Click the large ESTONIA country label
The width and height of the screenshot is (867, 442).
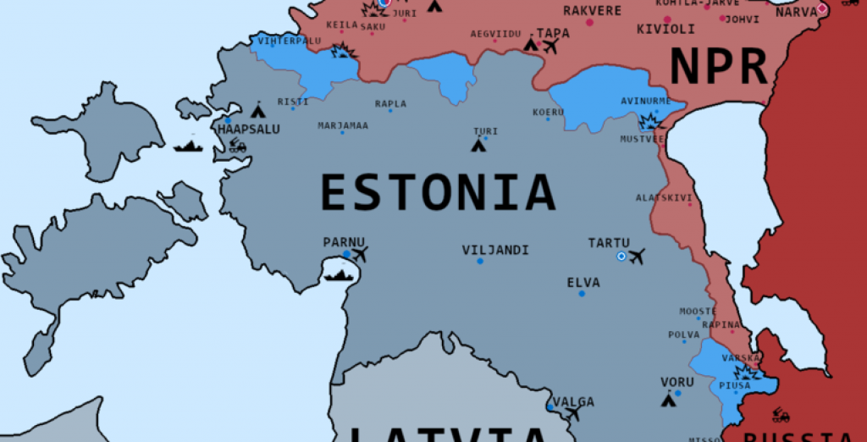tap(437, 192)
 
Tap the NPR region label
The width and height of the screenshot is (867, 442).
tap(719, 67)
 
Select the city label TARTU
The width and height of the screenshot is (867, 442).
tap(609, 243)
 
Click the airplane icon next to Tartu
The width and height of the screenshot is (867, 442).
tap(637, 256)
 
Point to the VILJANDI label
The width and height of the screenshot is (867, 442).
tap(495, 250)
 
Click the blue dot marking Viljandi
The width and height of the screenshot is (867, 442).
tap(480, 261)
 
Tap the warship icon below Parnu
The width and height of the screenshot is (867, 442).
tap(338, 275)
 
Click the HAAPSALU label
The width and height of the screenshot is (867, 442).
tap(248, 130)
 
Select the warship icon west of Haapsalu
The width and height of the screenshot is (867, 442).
tap(188, 146)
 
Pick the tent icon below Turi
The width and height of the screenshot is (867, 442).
tap(479, 145)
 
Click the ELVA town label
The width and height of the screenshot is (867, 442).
tap(583, 282)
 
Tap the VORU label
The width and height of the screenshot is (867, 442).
tap(677, 382)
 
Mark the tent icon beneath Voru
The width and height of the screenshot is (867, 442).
tap(669, 399)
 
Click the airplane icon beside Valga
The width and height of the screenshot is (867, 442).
tap(573, 414)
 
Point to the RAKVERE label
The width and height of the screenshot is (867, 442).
tap(592, 11)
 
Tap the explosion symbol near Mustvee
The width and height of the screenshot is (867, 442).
tap(649, 121)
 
